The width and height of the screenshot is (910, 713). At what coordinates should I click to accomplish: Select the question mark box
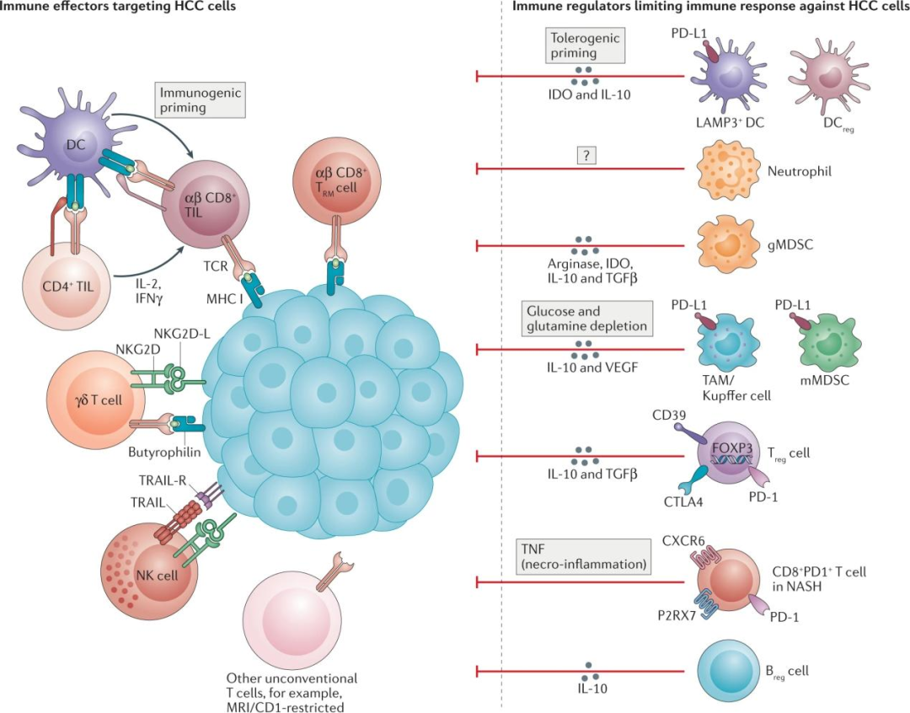pos(585,155)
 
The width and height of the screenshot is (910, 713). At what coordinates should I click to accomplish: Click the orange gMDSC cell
pos(728,244)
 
